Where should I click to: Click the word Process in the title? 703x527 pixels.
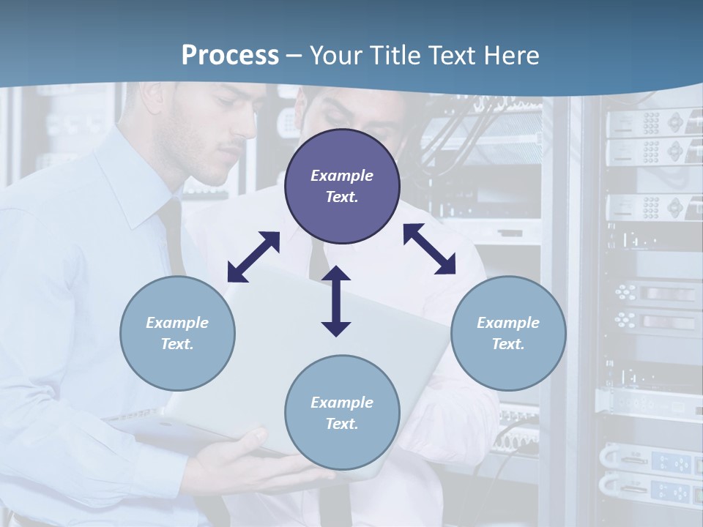230,56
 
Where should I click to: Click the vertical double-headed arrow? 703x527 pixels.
336,301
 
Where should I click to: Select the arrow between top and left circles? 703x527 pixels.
253,257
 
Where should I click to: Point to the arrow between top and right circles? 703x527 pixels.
429,249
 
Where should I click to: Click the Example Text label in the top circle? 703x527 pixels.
342,186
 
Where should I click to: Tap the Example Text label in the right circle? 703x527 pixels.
508,333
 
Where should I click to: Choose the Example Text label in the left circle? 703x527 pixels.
177,333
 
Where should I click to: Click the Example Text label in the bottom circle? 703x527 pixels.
342,413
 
